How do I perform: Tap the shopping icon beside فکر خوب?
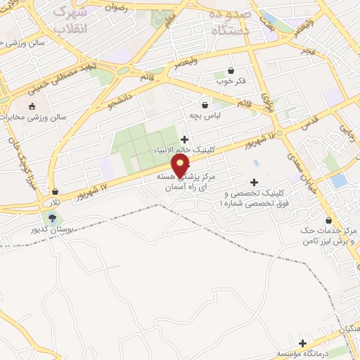pos(231,70)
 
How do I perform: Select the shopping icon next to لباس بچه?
pos(205,104)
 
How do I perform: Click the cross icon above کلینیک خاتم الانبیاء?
pos(185,139)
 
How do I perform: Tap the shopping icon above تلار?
pos(55,191)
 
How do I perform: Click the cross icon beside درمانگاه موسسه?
pos(302,344)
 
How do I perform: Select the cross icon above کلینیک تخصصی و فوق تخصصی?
pos(255,182)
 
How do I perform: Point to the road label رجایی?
pos(346,131)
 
